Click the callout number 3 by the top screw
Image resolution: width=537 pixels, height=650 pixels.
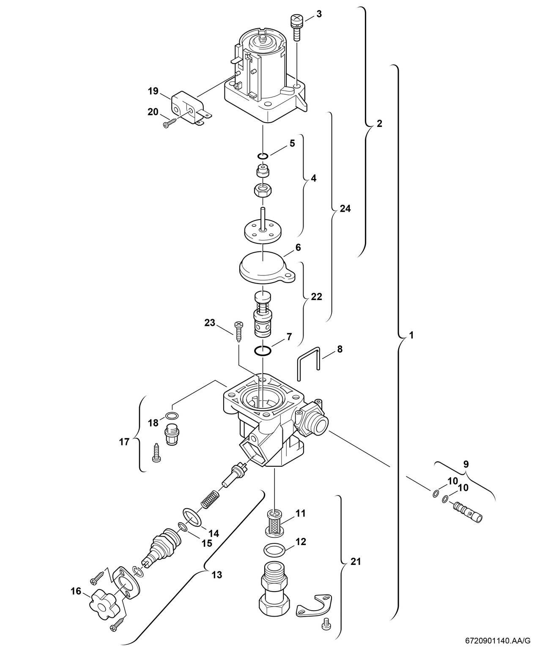[319, 14]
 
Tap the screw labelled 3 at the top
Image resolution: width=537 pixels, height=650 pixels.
[296, 26]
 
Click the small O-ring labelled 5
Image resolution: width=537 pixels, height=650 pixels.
[263, 156]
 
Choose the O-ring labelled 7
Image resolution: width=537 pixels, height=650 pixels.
[263, 350]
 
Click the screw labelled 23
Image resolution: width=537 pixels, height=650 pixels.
[238, 328]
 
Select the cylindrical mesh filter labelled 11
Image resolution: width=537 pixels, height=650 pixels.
[274, 520]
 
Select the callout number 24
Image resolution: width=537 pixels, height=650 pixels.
[345, 209]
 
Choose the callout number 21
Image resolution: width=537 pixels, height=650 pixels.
[356, 562]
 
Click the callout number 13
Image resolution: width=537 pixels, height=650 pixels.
[216, 575]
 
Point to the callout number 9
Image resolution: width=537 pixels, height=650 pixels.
[466, 464]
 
